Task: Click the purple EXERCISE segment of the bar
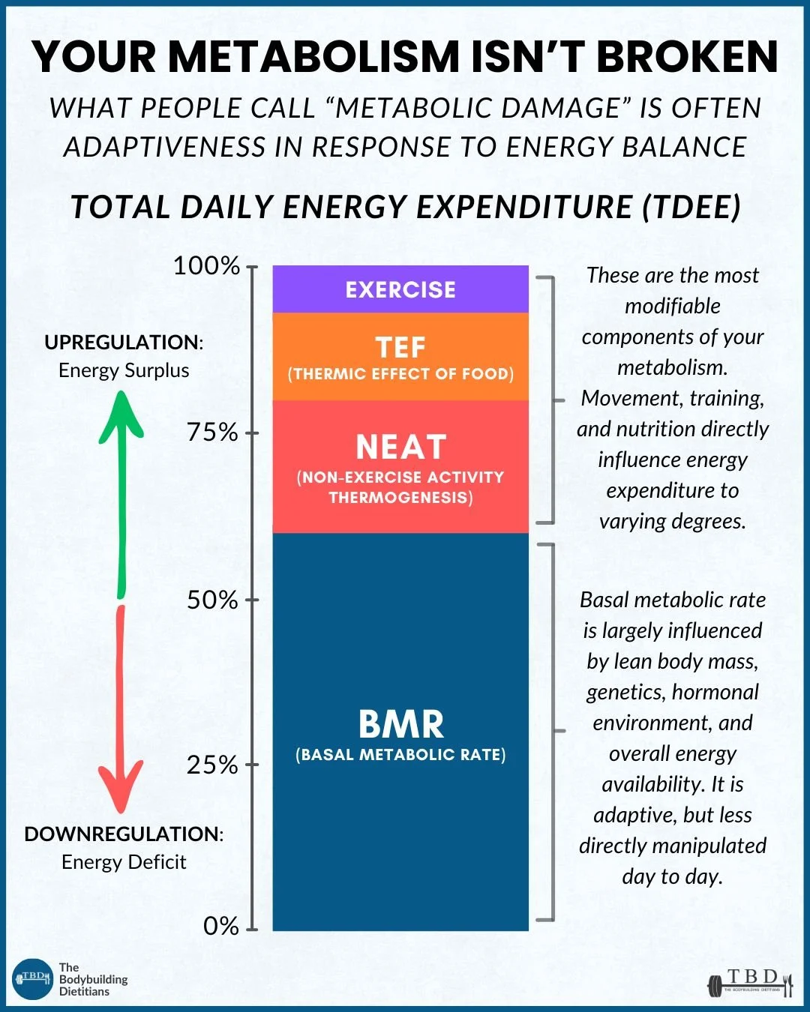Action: click(x=400, y=289)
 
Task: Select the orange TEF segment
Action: click(x=400, y=357)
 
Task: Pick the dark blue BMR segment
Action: click(x=400, y=732)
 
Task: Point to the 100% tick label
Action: click(x=206, y=266)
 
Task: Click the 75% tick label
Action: click(x=212, y=433)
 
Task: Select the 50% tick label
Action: click(x=212, y=600)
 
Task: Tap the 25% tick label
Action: click(x=212, y=765)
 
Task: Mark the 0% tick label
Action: click(x=220, y=927)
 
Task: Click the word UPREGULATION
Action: click(x=121, y=343)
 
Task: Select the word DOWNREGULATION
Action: click(x=121, y=834)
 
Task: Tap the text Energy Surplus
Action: click(x=124, y=370)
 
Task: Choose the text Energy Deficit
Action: click(x=124, y=862)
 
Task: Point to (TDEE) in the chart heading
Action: click(x=691, y=207)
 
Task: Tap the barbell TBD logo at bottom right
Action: click(x=750, y=982)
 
